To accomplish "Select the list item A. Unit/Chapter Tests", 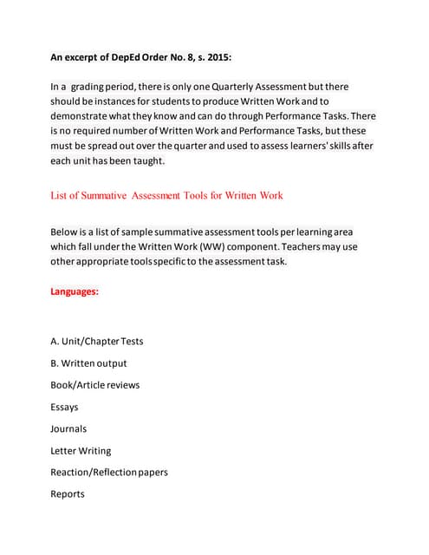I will coord(97,341).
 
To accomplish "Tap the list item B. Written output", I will coord(88,363).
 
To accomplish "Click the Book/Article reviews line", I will coord(94,385).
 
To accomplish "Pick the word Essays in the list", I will coord(64,407).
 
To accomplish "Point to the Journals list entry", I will coord(68,428).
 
